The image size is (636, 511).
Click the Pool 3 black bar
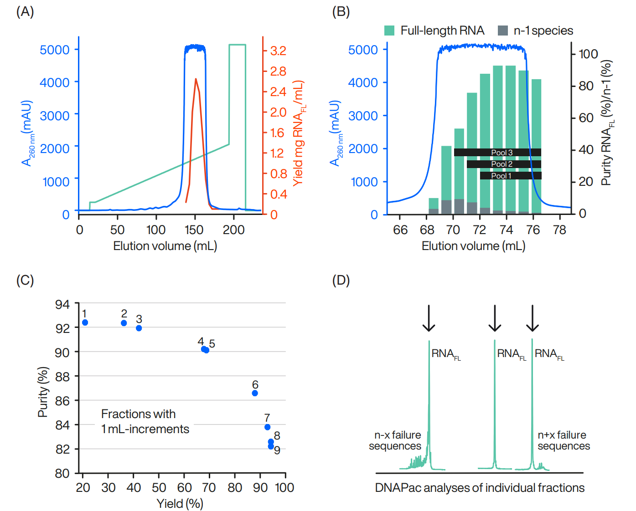[x=497, y=152]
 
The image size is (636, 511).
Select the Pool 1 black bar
[x=511, y=176]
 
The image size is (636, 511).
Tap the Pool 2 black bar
[x=504, y=164]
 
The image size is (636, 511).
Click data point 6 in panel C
[x=255, y=393]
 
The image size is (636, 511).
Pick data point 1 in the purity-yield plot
[x=85, y=322]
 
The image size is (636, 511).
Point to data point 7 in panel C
[x=268, y=427]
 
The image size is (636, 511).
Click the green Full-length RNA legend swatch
[x=389, y=31]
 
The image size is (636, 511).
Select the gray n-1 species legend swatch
[x=503, y=31]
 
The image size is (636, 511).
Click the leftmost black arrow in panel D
[x=429, y=318]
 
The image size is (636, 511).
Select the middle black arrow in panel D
[x=495, y=318]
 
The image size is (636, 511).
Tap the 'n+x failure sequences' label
[x=564, y=440]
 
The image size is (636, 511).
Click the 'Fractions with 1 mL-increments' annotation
[x=145, y=421]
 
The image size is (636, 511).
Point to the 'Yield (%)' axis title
[x=180, y=503]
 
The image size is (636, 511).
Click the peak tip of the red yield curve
[x=196, y=79]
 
